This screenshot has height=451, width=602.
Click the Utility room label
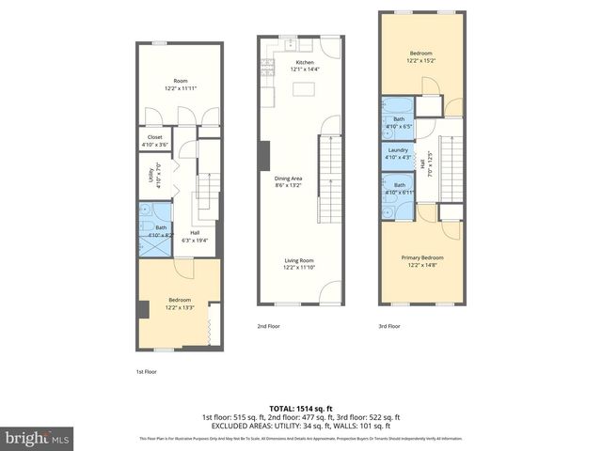point(151,176)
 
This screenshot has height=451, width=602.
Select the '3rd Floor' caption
point(388,327)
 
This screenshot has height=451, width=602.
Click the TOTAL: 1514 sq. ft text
point(300,407)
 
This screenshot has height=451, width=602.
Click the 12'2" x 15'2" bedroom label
point(421,57)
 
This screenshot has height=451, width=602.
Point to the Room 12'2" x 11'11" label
point(180,86)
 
